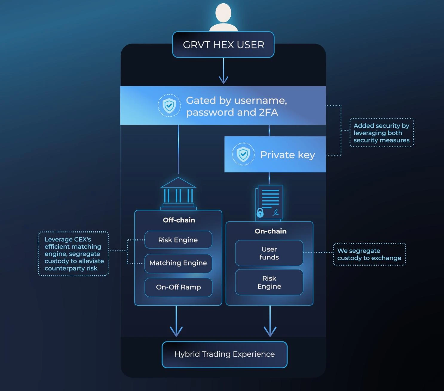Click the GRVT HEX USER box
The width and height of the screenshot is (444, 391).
[x=223, y=45]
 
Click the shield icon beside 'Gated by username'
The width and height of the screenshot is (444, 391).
[x=169, y=105]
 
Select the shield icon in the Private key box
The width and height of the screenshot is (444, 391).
[x=243, y=154]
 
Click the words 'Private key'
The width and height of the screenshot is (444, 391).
[x=287, y=155]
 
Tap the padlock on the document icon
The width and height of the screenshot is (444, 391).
[x=260, y=213]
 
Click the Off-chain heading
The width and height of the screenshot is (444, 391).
[x=179, y=220]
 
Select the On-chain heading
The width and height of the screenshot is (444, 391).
[x=270, y=231]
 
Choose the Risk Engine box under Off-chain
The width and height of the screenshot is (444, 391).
[x=178, y=240]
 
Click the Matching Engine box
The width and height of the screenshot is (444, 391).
[x=178, y=263]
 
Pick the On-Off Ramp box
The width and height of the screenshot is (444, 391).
[x=178, y=287]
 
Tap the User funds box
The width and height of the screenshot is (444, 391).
[x=269, y=253]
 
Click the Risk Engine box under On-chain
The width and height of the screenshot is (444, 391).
[x=269, y=282]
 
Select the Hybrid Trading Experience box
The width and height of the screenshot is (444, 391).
[x=224, y=354]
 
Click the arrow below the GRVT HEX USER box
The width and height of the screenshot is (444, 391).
[x=223, y=72]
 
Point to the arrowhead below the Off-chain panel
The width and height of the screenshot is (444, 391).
[x=176, y=331]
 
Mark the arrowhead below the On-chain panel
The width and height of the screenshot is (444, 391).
[x=270, y=331]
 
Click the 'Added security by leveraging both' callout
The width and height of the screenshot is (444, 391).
[x=382, y=133]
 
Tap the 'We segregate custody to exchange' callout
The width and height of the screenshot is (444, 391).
[x=369, y=254]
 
